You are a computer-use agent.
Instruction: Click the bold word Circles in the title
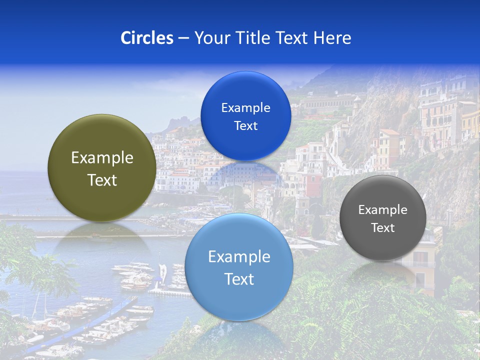tap(146, 38)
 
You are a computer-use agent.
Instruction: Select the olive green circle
tap(102, 168)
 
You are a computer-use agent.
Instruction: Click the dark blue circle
tap(245, 116)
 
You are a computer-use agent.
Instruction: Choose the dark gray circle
tap(383, 218)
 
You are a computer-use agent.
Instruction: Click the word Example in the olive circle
tap(102, 158)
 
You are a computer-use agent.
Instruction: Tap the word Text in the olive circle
tap(102, 180)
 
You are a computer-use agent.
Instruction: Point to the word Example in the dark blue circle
tap(245, 107)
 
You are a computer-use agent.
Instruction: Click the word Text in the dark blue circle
tap(245, 125)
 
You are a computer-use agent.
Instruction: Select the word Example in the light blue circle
tap(239, 257)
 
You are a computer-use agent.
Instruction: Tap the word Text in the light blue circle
tap(239, 279)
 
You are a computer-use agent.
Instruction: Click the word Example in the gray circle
tap(383, 209)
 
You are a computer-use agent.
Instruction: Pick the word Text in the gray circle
tap(383, 228)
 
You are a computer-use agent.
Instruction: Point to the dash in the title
tap(183, 38)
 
